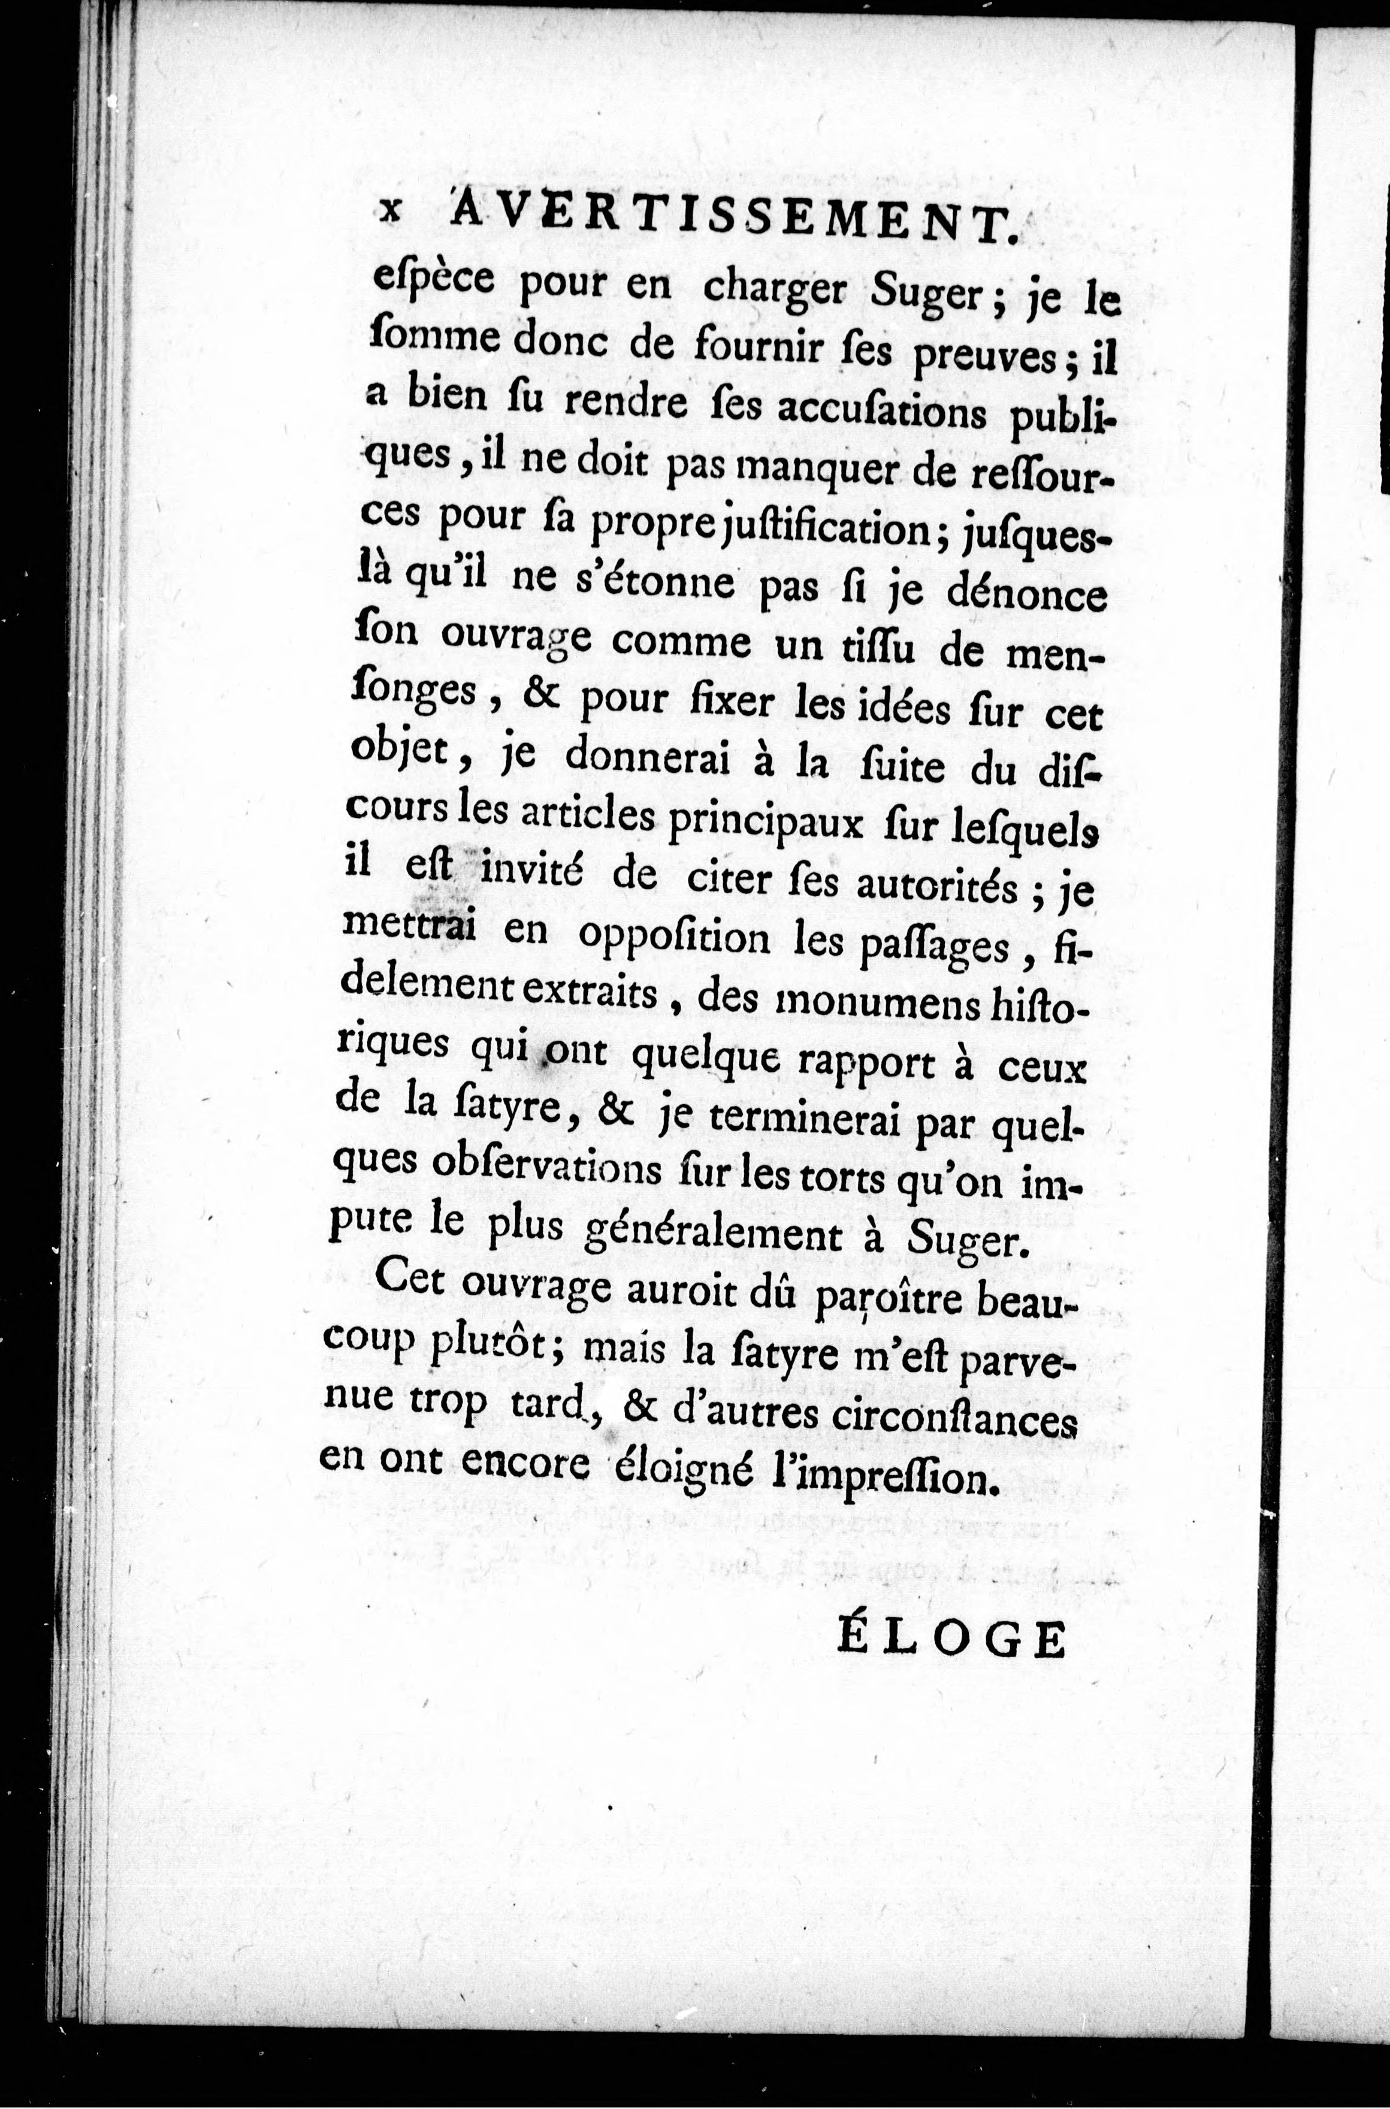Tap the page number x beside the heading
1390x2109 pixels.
click(389, 213)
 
